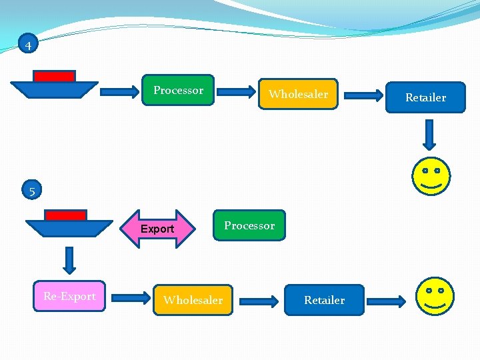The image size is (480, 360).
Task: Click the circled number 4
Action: click(x=28, y=45)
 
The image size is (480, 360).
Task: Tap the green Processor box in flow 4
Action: click(x=179, y=90)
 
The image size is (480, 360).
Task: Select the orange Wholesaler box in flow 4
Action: click(x=298, y=94)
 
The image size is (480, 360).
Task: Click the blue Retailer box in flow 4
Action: click(x=425, y=97)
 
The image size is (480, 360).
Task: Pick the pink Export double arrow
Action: click(x=157, y=229)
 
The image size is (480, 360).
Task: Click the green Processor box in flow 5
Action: click(x=249, y=225)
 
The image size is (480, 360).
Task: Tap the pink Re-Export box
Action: click(x=69, y=296)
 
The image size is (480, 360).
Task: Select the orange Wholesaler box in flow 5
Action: click(x=193, y=300)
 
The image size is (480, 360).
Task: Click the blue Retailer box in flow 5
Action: click(x=325, y=300)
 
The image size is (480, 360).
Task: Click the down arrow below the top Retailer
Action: click(x=430, y=135)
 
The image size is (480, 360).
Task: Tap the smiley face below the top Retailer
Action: click(x=431, y=176)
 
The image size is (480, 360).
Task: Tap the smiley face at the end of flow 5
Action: click(x=434, y=297)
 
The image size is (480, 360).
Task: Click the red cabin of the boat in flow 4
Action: click(x=55, y=76)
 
